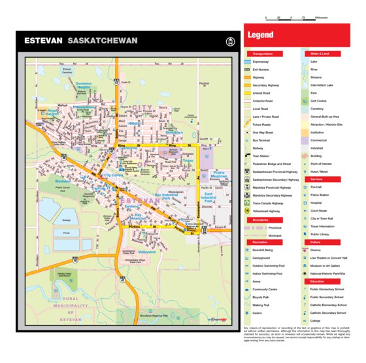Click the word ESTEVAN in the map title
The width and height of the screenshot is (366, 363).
tap(43, 41)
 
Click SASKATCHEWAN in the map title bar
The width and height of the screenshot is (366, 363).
tap(102, 41)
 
